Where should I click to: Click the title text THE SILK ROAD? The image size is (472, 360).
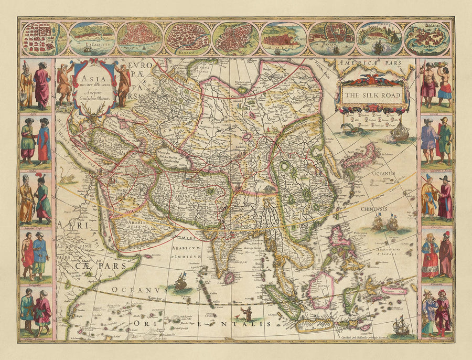pyautogui.click(x=373, y=96)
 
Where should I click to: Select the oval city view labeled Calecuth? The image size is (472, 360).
pyautogui.click(x=91, y=39)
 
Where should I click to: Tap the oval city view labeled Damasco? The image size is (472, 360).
pyautogui.click(x=187, y=39)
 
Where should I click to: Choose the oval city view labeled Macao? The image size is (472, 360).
pyautogui.click(x=426, y=39)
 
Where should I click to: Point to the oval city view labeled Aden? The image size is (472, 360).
pyautogui.click(x=379, y=39)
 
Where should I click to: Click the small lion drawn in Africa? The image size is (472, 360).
pyautogui.click(x=67, y=179)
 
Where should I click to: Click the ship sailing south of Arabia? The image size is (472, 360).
pyautogui.click(x=181, y=282)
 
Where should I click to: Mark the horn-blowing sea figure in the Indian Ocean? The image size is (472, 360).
pyautogui.click(x=244, y=314)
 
